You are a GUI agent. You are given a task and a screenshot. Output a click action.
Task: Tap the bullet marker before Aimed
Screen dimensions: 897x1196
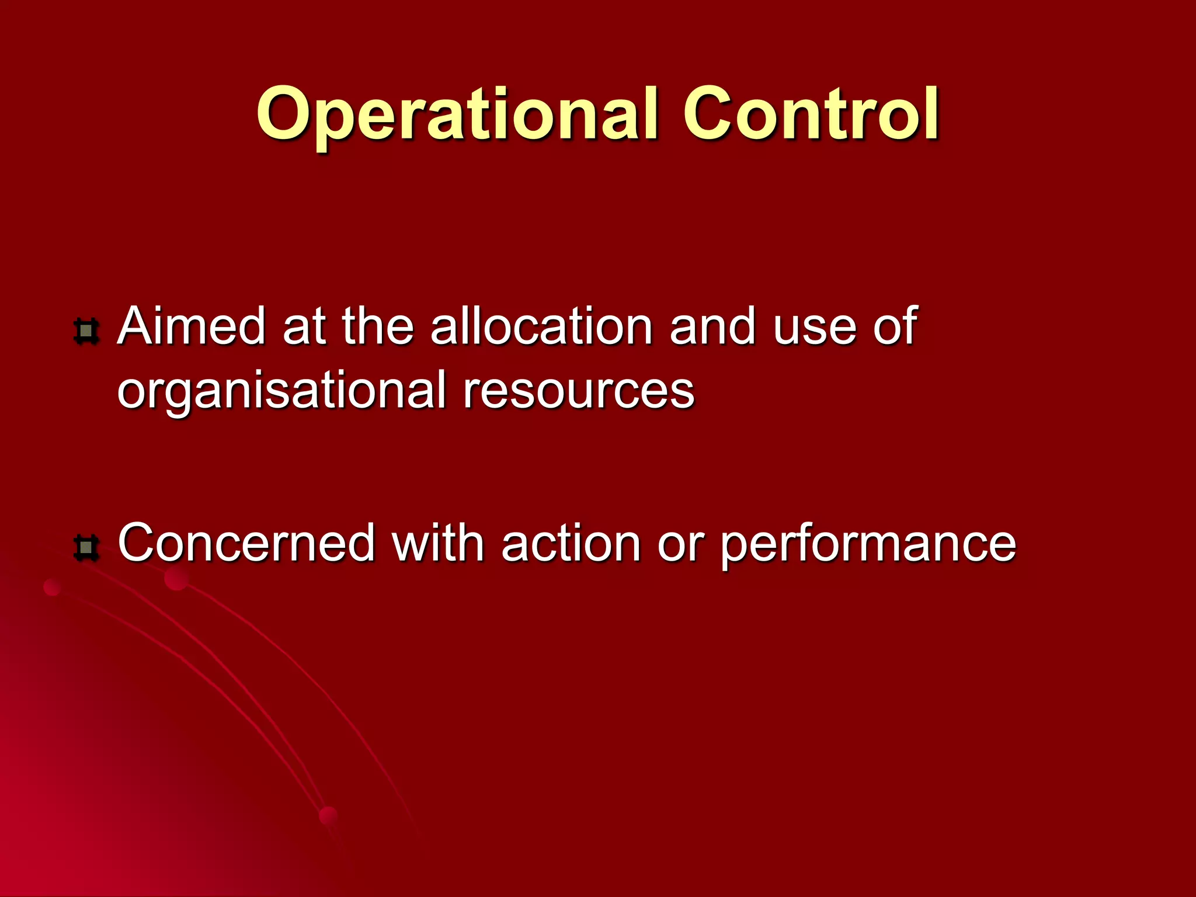[86, 331]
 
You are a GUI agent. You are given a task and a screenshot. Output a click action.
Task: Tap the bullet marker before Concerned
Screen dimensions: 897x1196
[86, 547]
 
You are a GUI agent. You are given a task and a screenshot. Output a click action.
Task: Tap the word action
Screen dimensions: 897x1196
[571, 543]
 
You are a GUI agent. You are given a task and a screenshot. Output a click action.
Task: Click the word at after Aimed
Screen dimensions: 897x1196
[304, 327]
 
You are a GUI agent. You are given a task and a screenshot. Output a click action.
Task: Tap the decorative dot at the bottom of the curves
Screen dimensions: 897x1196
[329, 816]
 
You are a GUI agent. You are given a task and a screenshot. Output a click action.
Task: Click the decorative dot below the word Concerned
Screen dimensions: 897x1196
[176, 579]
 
